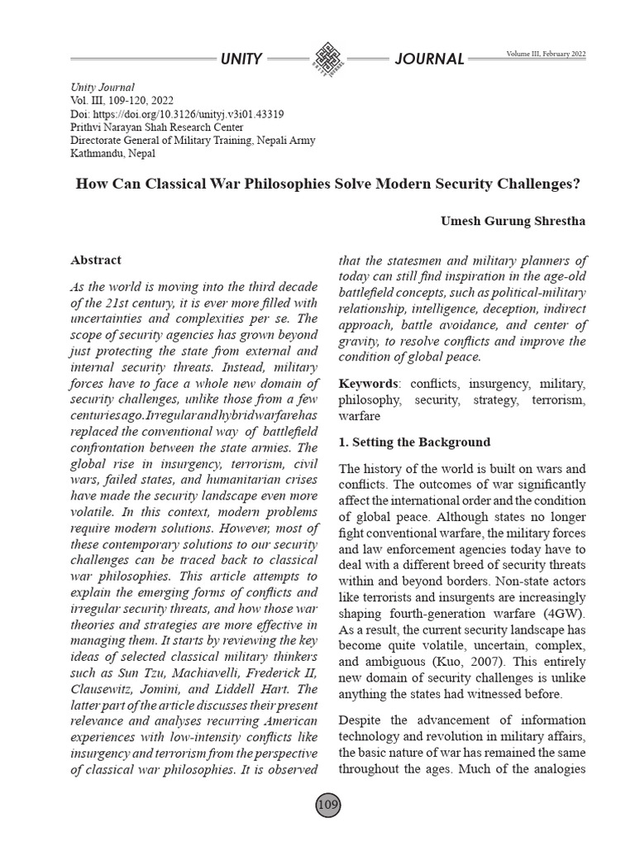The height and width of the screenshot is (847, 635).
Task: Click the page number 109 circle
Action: [x=327, y=805]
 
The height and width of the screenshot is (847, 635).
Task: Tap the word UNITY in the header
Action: [x=241, y=59]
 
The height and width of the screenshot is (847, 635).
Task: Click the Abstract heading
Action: [x=96, y=260]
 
